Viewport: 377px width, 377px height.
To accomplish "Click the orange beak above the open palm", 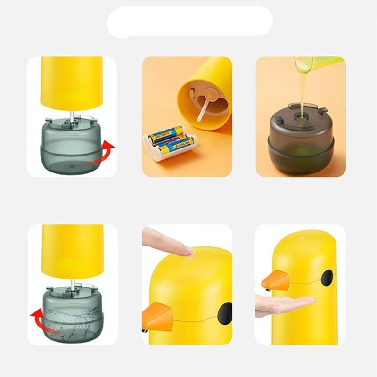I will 276,281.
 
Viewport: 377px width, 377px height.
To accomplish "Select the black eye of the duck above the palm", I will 327,278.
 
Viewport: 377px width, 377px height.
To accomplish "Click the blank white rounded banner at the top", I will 189,22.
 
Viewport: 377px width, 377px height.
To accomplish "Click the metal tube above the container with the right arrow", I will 72,115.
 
